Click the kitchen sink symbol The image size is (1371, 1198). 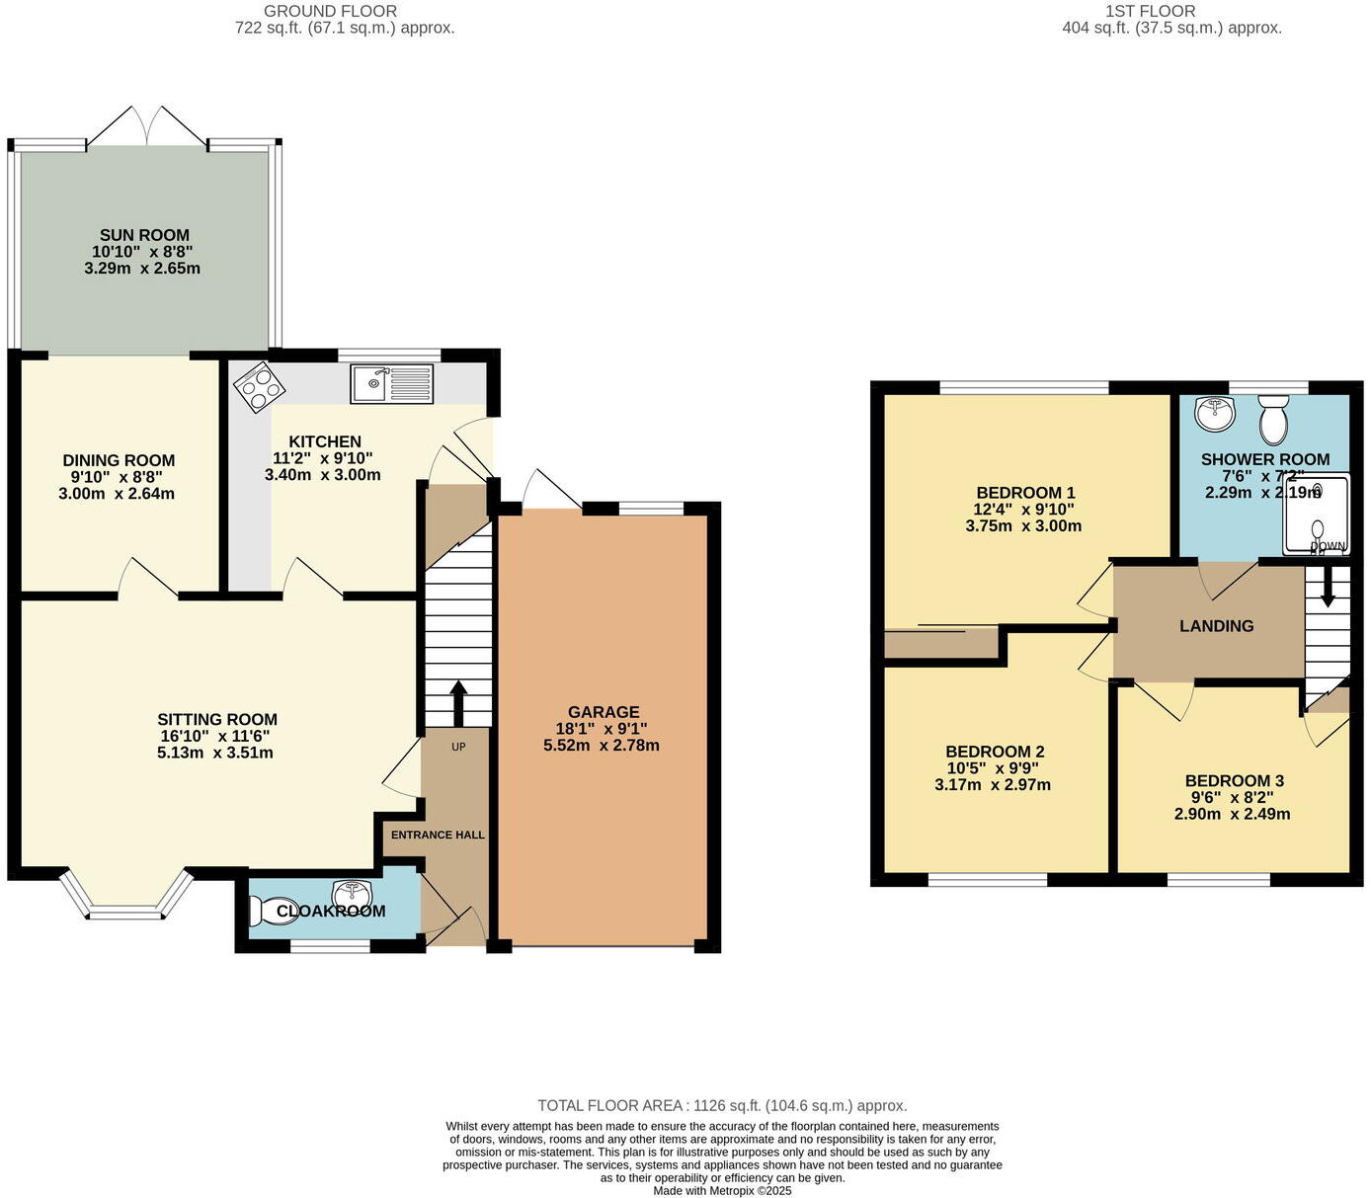click(391, 383)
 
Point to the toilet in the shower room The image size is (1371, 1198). click(1274, 420)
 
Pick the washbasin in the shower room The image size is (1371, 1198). click(1214, 413)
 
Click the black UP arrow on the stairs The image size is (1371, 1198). click(458, 701)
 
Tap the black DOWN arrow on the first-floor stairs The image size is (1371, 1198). click(1328, 585)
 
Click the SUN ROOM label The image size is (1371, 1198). click(144, 235)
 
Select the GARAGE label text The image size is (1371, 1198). click(603, 712)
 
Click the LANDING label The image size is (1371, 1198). click(1216, 626)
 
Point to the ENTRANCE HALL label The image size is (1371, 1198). click(438, 835)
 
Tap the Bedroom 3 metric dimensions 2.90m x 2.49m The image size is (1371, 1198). click(1232, 815)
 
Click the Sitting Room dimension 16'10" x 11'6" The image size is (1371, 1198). click(214, 736)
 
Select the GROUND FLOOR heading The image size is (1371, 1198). click(330, 11)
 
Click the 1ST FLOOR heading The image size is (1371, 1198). click(1150, 11)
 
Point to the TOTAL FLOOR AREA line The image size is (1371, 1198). click(721, 1106)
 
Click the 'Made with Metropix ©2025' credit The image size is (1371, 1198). click(722, 1191)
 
